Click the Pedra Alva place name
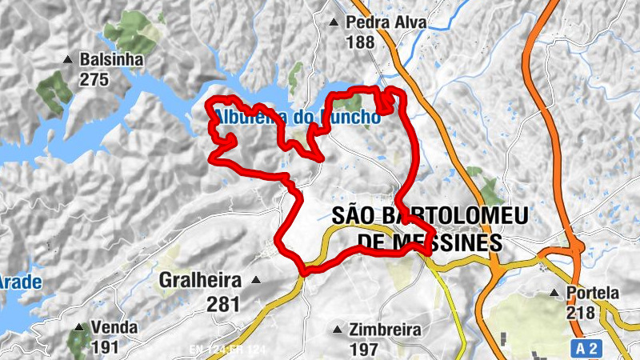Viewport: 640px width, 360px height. [x=386, y=22]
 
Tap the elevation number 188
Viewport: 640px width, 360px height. [x=361, y=42]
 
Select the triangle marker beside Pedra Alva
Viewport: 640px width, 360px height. [x=334, y=22]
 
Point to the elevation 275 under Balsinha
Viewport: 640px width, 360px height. [x=94, y=79]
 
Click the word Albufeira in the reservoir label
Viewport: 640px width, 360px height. [x=241, y=118]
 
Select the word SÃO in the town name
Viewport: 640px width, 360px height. [x=351, y=215]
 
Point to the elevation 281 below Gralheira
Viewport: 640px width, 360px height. [x=222, y=303]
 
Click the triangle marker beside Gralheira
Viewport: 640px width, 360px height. [x=256, y=280]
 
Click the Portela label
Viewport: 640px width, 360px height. [x=592, y=293]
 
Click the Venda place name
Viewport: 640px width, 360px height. [x=114, y=328]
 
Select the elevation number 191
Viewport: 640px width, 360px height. [x=105, y=348]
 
